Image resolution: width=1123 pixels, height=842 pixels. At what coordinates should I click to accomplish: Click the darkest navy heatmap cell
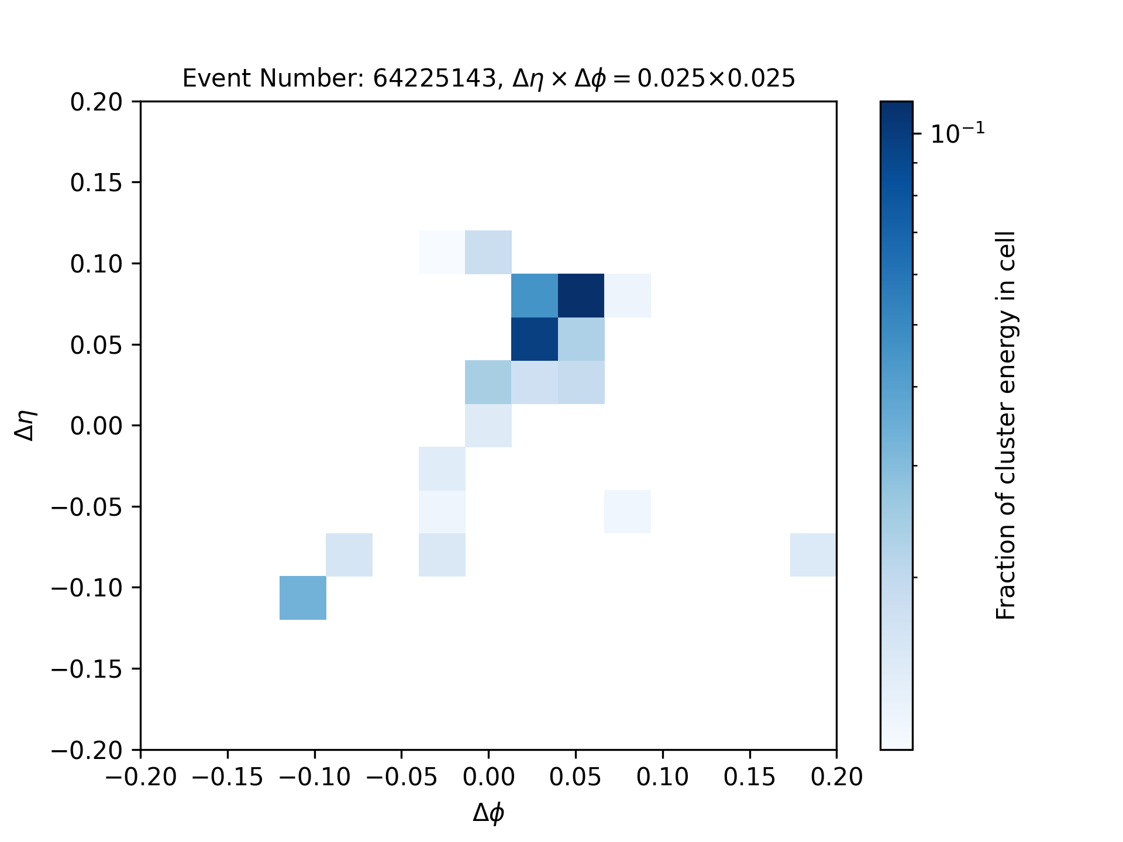click(581, 295)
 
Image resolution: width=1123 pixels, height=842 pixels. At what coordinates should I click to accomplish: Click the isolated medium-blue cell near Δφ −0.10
click(303, 598)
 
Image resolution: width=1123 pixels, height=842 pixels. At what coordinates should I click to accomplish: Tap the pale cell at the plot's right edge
click(813, 554)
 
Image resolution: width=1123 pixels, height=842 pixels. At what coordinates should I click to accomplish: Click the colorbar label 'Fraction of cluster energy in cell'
click(1006, 426)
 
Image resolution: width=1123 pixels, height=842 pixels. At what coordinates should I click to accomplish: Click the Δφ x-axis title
click(488, 813)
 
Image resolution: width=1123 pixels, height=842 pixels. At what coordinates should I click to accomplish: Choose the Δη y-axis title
click(26, 425)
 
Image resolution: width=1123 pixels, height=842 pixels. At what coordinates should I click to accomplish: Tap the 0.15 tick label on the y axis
click(97, 183)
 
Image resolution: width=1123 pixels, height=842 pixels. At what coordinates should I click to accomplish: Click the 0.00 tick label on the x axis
click(488, 777)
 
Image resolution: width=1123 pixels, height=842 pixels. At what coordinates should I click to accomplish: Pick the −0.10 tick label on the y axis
click(87, 587)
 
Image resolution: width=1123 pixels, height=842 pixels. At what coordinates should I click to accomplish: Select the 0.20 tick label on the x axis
click(837, 777)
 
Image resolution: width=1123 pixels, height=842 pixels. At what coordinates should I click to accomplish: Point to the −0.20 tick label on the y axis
click(87, 750)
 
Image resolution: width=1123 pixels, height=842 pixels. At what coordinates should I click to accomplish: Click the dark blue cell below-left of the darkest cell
click(535, 339)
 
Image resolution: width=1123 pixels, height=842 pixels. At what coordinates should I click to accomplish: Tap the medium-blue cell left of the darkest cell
click(535, 295)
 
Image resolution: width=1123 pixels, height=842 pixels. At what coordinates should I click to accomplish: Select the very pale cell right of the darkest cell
click(628, 295)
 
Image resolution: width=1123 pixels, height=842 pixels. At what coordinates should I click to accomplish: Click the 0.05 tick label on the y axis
click(97, 345)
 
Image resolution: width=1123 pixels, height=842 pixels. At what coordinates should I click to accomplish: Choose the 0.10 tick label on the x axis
click(663, 777)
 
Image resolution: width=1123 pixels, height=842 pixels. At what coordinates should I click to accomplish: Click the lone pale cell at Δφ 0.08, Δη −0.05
click(628, 512)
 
